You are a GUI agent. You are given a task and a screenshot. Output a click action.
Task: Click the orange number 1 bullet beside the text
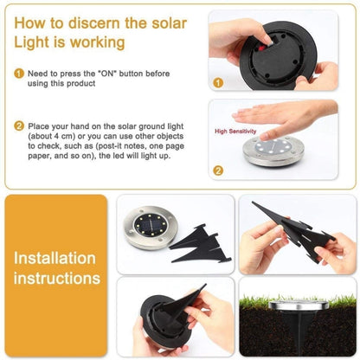coord(18,74)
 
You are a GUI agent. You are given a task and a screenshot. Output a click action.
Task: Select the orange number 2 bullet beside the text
coord(18,125)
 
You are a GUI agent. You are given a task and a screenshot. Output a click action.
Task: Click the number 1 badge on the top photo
coord(218,83)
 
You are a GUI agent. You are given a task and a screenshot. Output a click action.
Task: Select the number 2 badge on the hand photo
coord(218,170)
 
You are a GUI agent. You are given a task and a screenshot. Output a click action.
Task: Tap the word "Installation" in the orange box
coord(54,258)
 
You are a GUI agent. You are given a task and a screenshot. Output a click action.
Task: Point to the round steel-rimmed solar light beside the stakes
coord(149,226)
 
